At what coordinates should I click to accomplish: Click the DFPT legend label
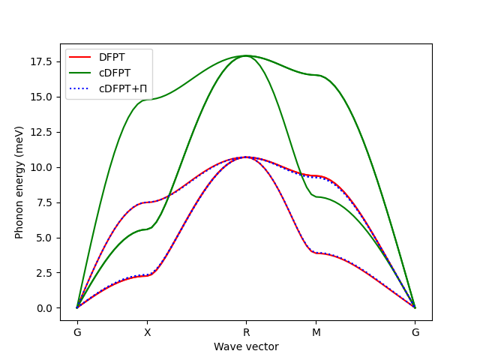point(112,57)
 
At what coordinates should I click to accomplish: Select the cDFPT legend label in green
point(115,73)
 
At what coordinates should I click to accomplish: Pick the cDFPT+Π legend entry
point(121,88)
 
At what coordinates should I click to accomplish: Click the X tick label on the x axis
point(147,332)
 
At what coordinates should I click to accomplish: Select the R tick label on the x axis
point(246,332)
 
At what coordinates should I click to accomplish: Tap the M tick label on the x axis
point(316,332)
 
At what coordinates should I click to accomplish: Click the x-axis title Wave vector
point(246,346)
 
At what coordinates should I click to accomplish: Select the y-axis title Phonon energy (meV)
point(19,182)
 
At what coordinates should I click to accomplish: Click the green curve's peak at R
point(246,55)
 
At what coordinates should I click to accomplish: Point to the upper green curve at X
point(147,99)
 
